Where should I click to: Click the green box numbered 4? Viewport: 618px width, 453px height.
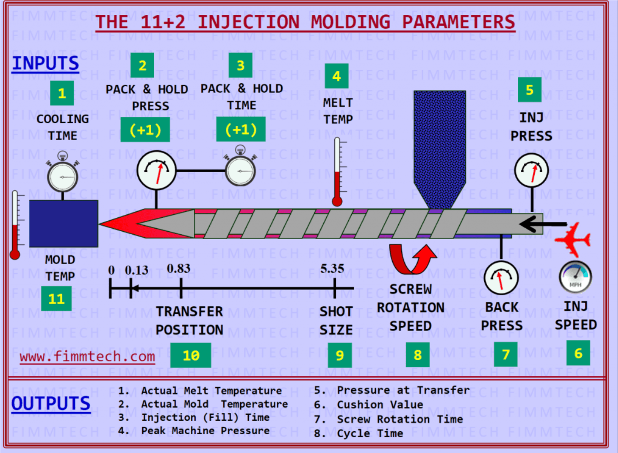tap(336, 76)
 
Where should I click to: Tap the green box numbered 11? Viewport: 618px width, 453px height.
tap(56, 299)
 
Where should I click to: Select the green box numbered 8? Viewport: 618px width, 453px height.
tap(418, 355)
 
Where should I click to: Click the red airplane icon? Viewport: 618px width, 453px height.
tap(573, 239)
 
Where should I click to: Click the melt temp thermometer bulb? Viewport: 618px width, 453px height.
tap(337, 201)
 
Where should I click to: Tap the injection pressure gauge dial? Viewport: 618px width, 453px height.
tap(531, 170)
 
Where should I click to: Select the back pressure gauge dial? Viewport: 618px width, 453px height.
tap(501, 278)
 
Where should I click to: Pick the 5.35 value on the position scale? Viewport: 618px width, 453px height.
tap(332, 269)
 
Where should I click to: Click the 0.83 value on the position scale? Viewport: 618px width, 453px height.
tap(179, 269)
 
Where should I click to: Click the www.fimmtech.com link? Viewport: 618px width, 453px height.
tap(87, 357)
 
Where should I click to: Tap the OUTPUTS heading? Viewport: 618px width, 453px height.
tap(51, 404)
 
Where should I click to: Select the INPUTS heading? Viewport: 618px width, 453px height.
tap(45, 64)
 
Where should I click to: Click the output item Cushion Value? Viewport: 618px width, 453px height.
tap(380, 405)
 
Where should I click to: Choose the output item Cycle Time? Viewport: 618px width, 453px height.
tap(370, 433)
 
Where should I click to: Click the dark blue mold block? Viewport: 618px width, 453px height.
tap(64, 223)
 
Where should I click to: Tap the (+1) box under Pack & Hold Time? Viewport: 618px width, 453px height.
tap(241, 129)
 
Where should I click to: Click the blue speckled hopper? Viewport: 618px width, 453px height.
tap(439, 144)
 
